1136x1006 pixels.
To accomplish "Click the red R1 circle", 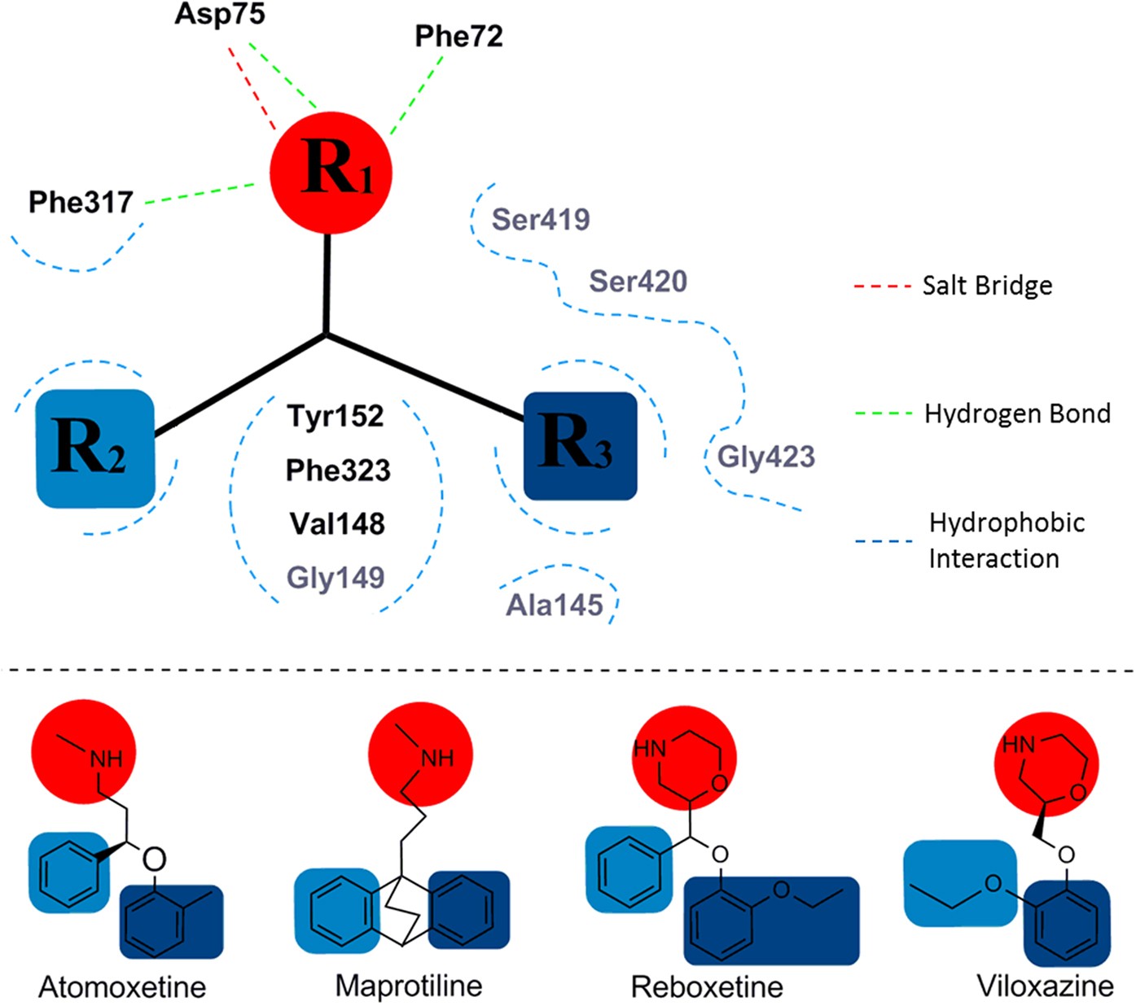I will pos(331,173).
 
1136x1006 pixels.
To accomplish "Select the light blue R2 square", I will pos(95,448).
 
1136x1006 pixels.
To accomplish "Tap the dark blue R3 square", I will pos(580,445).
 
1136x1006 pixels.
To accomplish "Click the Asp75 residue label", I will pos(220,15).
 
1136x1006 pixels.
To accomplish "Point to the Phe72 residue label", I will pos(458,36).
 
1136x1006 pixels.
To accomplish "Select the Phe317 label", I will pos(81,202).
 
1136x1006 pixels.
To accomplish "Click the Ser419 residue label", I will pos(541,219).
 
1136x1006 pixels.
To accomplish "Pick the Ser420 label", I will pos(638,281).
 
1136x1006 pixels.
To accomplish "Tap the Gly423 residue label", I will pos(765,457).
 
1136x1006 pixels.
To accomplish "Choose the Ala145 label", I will pos(555,605).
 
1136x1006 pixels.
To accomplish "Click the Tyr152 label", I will pos(336,416).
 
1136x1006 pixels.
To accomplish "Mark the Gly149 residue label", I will pos(335,577).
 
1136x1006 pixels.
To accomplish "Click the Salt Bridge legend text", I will pos(987,286).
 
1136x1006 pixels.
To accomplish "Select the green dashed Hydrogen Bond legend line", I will pos(883,413).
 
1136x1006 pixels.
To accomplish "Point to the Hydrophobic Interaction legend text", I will pos(1007,540).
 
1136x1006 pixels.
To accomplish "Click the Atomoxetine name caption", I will pos(122,986).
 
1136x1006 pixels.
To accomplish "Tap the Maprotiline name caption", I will pos(409,986).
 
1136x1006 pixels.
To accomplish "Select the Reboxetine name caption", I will pos(707,986).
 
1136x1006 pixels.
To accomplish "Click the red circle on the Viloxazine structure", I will pos(1046,764).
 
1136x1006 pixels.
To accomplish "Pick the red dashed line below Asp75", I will pos(252,88).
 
